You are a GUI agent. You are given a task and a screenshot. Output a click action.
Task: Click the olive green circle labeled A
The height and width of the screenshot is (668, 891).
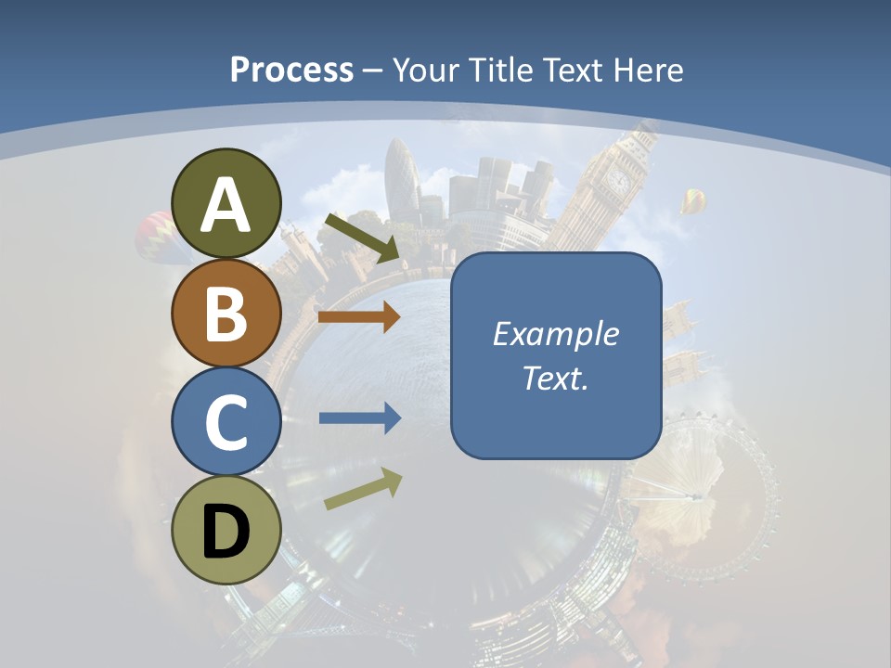[x=226, y=203]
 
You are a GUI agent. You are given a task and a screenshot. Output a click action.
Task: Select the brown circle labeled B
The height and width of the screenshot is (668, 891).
[x=226, y=313]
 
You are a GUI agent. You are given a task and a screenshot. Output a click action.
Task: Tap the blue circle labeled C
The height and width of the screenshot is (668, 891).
[x=226, y=421]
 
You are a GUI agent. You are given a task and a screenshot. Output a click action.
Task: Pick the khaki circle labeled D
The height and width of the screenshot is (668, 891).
[x=226, y=530]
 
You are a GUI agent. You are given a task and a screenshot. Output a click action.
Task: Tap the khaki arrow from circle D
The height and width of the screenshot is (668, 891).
[x=363, y=489]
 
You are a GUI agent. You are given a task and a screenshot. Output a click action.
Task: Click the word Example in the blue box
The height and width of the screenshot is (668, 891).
[x=555, y=334]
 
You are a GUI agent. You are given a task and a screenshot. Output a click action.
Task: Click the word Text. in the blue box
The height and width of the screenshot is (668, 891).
[x=555, y=378]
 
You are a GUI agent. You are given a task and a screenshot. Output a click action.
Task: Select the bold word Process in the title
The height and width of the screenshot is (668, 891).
[x=291, y=70]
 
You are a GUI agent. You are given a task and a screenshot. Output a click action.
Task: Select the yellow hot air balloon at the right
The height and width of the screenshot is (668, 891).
[x=693, y=199]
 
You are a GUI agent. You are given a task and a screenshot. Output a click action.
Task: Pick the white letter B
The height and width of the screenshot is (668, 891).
[x=226, y=313]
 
